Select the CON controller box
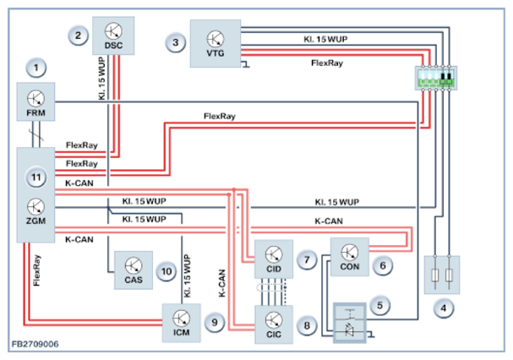349,257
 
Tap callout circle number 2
78,35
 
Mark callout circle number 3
175,41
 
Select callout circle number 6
382,265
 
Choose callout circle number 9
216,322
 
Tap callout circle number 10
166,272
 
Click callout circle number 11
35,178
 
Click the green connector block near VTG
437,78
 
